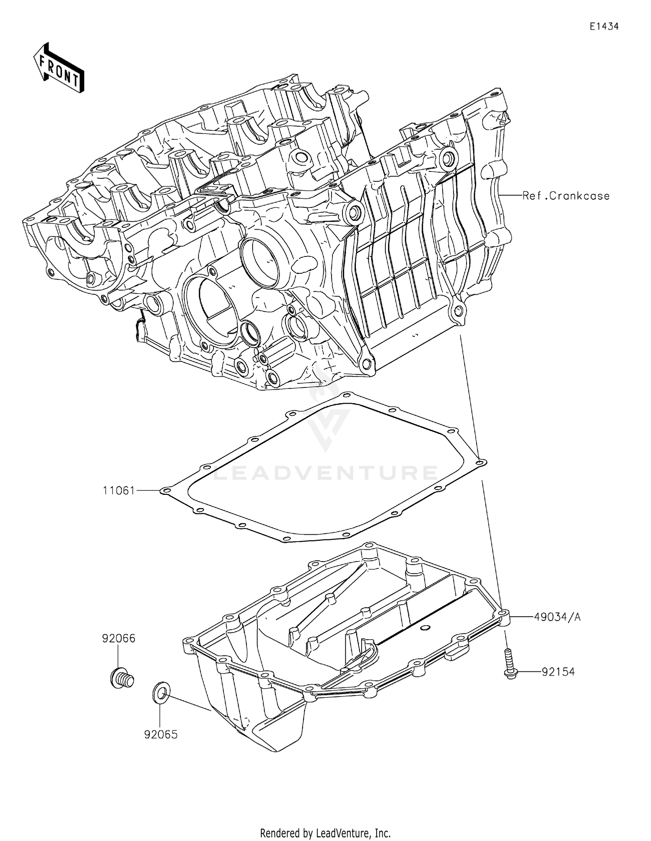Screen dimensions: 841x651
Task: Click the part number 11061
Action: coord(118,490)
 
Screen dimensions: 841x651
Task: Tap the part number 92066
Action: coord(118,638)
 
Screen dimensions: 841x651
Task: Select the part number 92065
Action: coord(161,735)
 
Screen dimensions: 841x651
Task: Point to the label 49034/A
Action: coord(557,617)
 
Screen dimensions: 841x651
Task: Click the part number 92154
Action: coord(558,672)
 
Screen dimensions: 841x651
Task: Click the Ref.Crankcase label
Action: coord(566,196)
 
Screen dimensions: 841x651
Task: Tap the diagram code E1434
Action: coord(604,26)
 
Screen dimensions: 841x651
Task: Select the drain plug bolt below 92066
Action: coord(122,679)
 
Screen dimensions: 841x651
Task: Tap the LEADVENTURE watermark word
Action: coord(325,472)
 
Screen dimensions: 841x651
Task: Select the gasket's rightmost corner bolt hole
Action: coord(480,463)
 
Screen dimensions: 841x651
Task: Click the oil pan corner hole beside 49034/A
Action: coord(503,614)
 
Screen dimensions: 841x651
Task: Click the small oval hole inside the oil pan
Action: coord(425,627)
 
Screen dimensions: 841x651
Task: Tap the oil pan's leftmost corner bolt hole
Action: coord(188,641)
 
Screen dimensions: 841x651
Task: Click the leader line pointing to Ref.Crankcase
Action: coord(510,196)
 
